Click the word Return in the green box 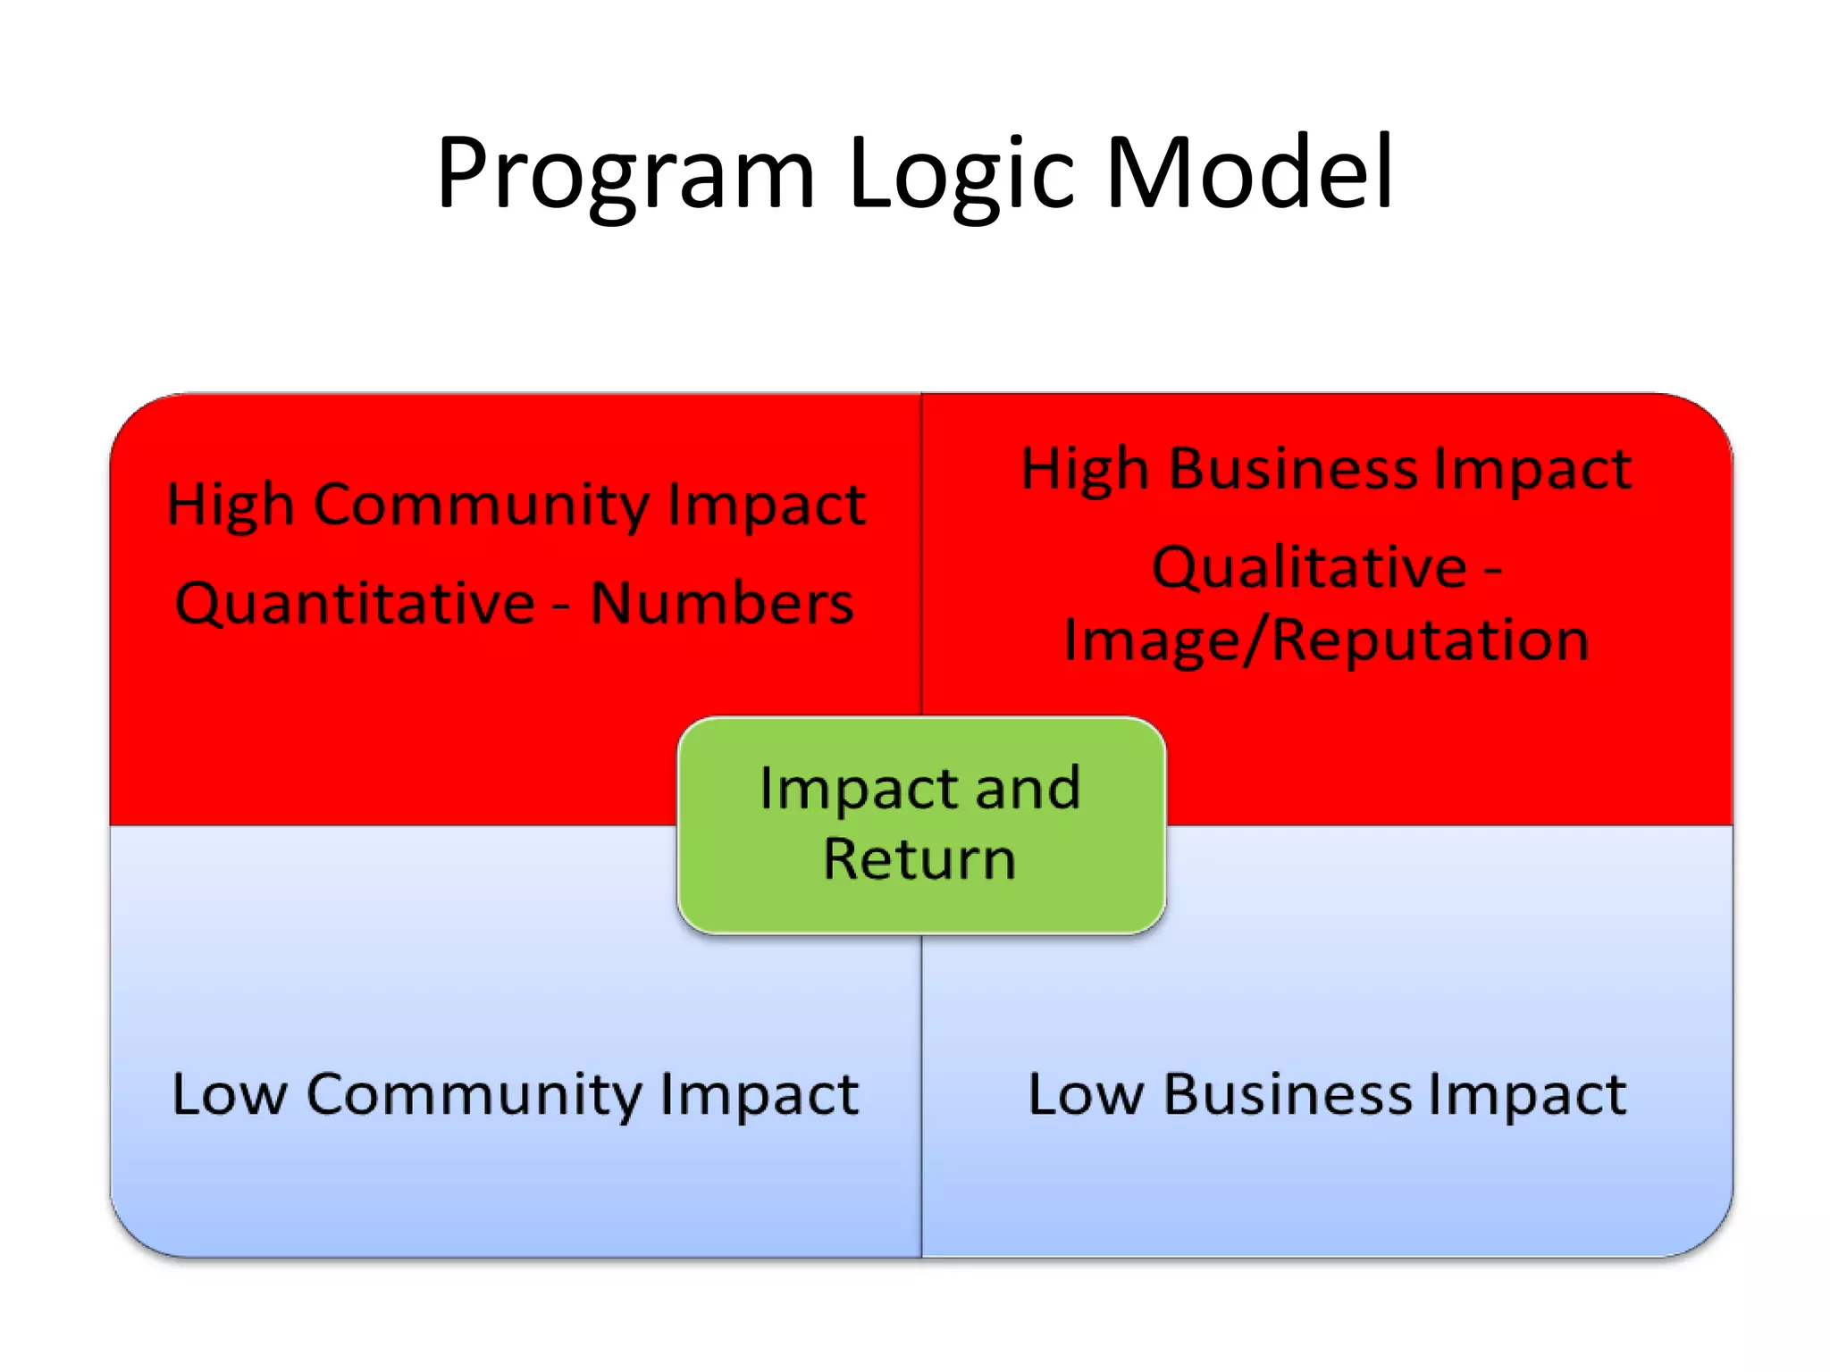pos(919,859)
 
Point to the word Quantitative pos(355,603)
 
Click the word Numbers pos(722,603)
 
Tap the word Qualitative pos(1309,567)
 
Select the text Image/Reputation pos(1326,640)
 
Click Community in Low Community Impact pos(474,1094)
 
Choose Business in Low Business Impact pos(1288,1094)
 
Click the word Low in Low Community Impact pos(230,1094)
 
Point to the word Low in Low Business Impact pos(1086,1094)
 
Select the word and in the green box pos(1028,788)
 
